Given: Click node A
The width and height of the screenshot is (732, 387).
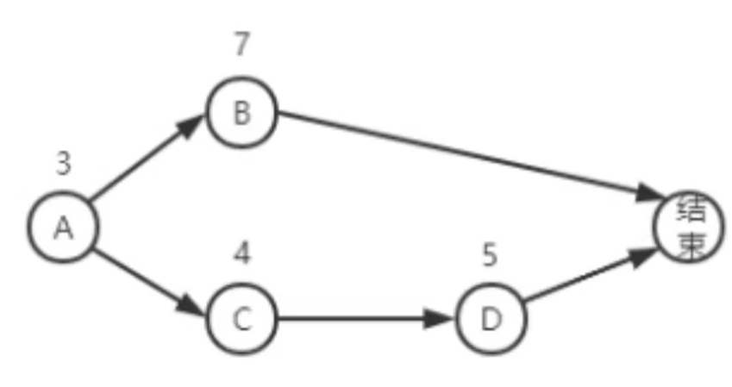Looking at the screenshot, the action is pyautogui.click(x=64, y=227).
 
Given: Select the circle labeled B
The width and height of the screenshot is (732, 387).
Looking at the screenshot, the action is pyautogui.click(x=241, y=113).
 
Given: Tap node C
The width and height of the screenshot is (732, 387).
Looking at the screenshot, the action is pyautogui.click(x=241, y=319).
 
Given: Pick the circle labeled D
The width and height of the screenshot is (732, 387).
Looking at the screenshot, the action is pyautogui.click(x=491, y=319).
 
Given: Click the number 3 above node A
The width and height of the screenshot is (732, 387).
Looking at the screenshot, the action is pyautogui.click(x=64, y=164).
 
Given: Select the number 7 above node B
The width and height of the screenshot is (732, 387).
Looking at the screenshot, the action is pyautogui.click(x=241, y=44).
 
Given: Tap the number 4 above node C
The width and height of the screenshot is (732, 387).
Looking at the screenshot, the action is pyautogui.click(x=242, y=253).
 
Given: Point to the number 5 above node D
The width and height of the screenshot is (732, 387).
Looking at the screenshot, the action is pyautogui.click(x=490, y=255).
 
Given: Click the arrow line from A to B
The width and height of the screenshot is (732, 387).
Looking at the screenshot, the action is pyautogui.click(x=147, y=158).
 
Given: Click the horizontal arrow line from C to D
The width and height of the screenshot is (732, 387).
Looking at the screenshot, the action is pyautogui.click(x=366, y=319).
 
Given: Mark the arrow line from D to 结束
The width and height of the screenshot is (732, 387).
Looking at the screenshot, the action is pyautogui.click(x=591, y=274).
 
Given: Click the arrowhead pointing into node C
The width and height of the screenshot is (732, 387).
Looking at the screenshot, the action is pyautogui.click(x=191, y=305).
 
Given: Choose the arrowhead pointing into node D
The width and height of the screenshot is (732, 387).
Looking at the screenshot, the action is pyautogui.click(x=439, y=319).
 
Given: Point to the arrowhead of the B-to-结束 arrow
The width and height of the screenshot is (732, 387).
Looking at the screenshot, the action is pyautogui.click(x=649, y=194).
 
